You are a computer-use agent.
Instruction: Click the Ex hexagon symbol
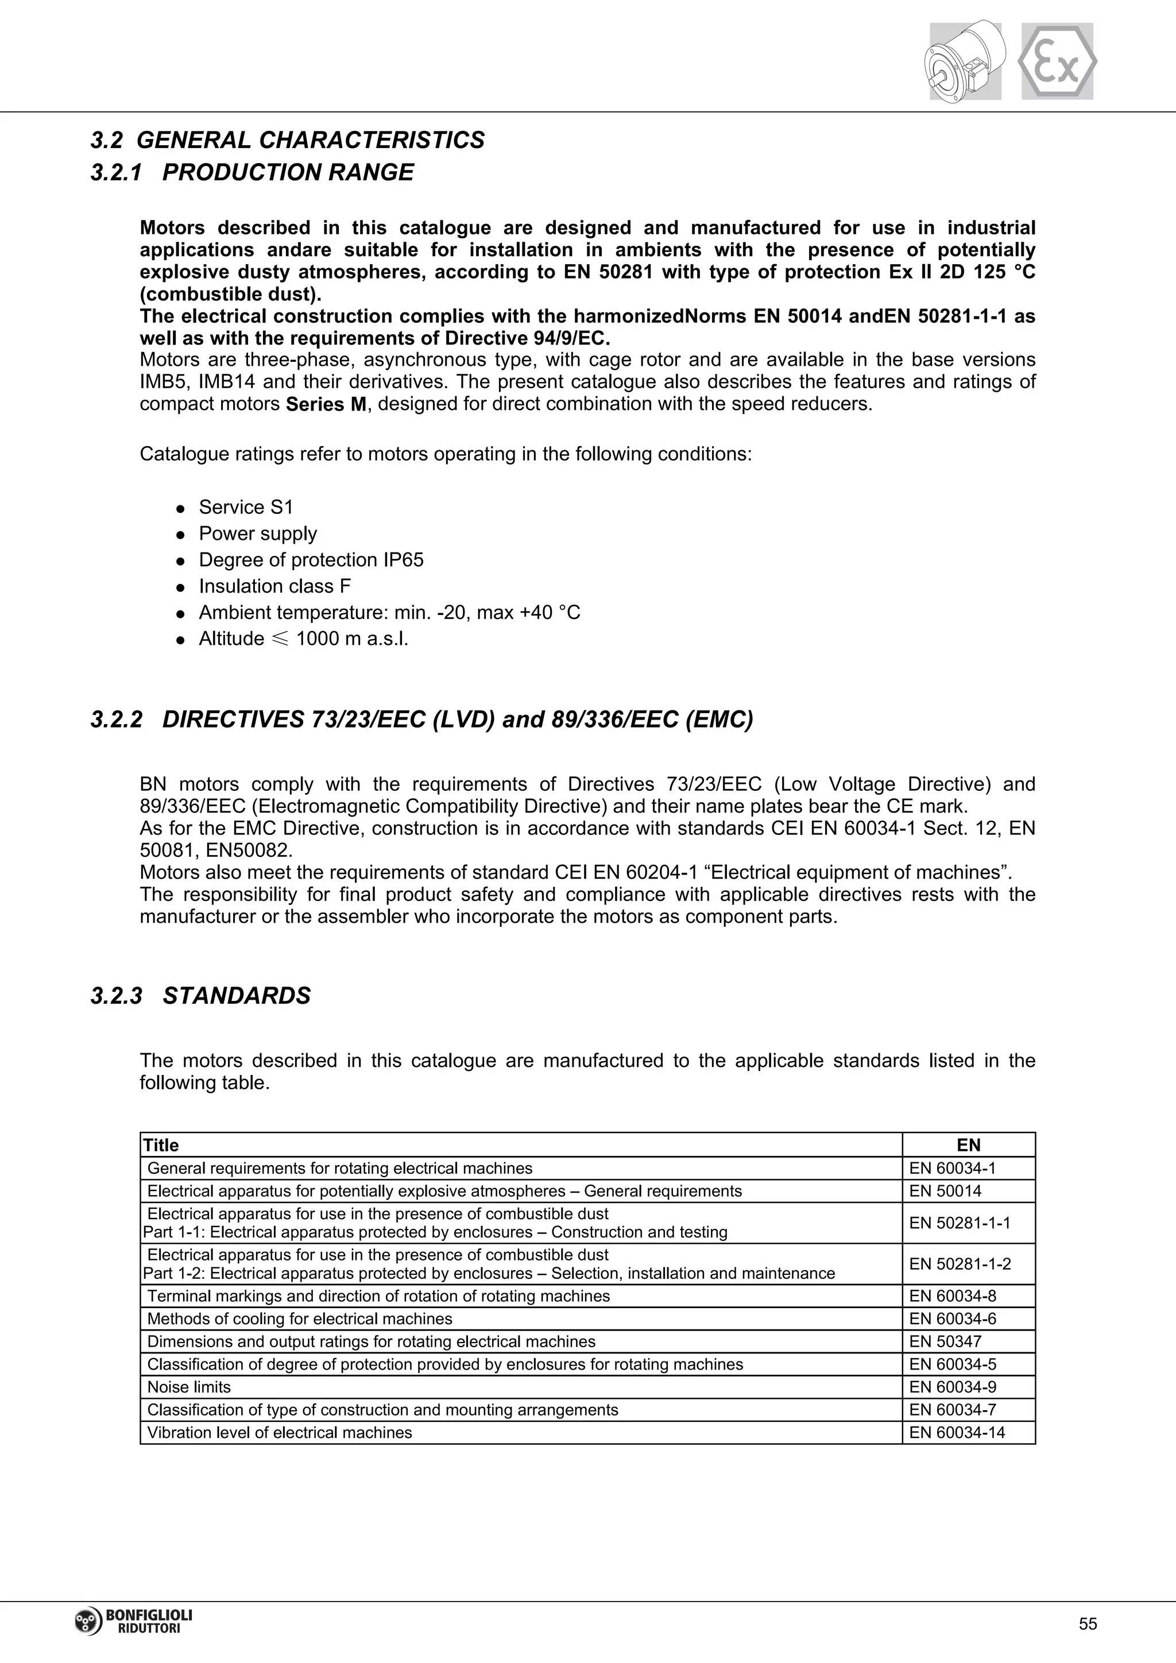coord(1057,61)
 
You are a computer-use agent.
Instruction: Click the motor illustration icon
coord(965,61)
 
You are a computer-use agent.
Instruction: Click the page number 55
coord(1088,1624)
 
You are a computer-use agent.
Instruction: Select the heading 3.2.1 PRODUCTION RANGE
coord(252,172)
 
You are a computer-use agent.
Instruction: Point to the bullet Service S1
coord(246,507)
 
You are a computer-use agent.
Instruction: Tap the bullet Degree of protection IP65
coord(311,560)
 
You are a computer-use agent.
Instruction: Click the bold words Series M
coord(327,404)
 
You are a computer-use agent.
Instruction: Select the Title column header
coord(161,1145)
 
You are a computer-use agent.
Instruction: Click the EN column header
coord(968,1145)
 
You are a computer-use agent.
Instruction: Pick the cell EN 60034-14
coord(957,1433)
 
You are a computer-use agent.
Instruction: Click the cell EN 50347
coord(945,1341)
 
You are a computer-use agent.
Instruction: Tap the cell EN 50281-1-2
coord(960,1264)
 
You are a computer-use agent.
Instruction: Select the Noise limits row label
coord(189,1387)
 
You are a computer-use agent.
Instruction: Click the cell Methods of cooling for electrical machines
coord(300,1319)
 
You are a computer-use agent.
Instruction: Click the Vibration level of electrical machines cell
coord(280,1433)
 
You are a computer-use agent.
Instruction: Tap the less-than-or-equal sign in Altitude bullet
coord(280,639)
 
